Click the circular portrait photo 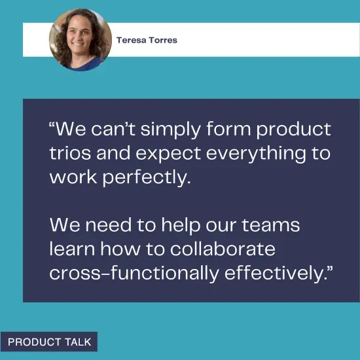click(80, 39)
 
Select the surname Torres click(162, 40)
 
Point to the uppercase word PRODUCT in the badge click(33, 342)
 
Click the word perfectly click(146, 177)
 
